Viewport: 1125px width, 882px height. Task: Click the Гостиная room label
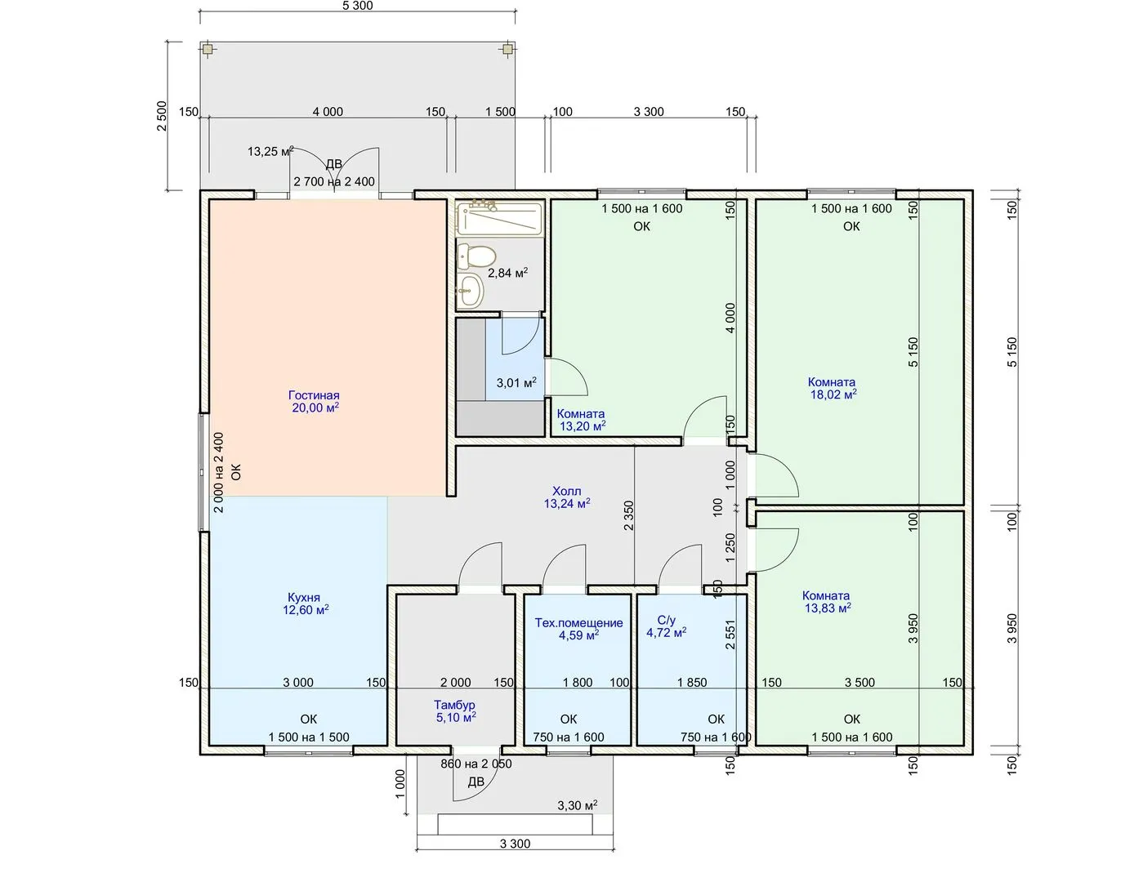pos(315,402)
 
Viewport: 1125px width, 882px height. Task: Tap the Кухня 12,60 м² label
pos(306,604)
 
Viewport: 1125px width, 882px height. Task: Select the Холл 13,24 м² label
pos(567,497)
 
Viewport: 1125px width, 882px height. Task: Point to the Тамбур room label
pos(455,710)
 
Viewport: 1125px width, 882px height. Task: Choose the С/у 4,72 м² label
pos(667,626)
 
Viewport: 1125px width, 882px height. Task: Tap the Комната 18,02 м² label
pos(832,389)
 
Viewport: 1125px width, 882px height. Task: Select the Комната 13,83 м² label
pos(827,602)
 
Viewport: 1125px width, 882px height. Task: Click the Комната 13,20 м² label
pos(582,420)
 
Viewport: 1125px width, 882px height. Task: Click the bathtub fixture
pos(500,218)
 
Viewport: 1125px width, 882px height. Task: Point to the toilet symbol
pos(476,256)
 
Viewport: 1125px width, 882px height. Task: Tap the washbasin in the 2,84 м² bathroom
pos(470,291)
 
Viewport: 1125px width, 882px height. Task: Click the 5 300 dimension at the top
pos(357,6)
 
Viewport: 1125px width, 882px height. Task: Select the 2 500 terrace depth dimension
pos(162,116)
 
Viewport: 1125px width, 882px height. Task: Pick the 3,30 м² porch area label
pos(578,805)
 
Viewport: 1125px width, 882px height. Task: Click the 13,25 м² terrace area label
pos(270,152)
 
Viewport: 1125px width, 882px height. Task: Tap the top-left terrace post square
pos(208,49)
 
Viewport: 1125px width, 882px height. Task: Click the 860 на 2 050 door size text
pos(475,764)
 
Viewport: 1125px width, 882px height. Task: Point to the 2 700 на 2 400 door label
pos(334,181)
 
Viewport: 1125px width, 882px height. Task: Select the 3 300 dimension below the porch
pos(516,844)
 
